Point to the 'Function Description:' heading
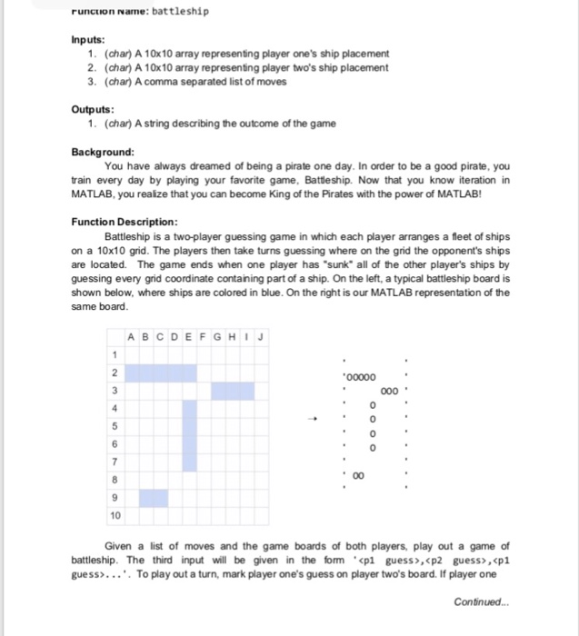[124, 221]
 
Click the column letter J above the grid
[260, 337]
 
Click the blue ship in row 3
[233, 391]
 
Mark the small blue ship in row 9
[154, 498]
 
